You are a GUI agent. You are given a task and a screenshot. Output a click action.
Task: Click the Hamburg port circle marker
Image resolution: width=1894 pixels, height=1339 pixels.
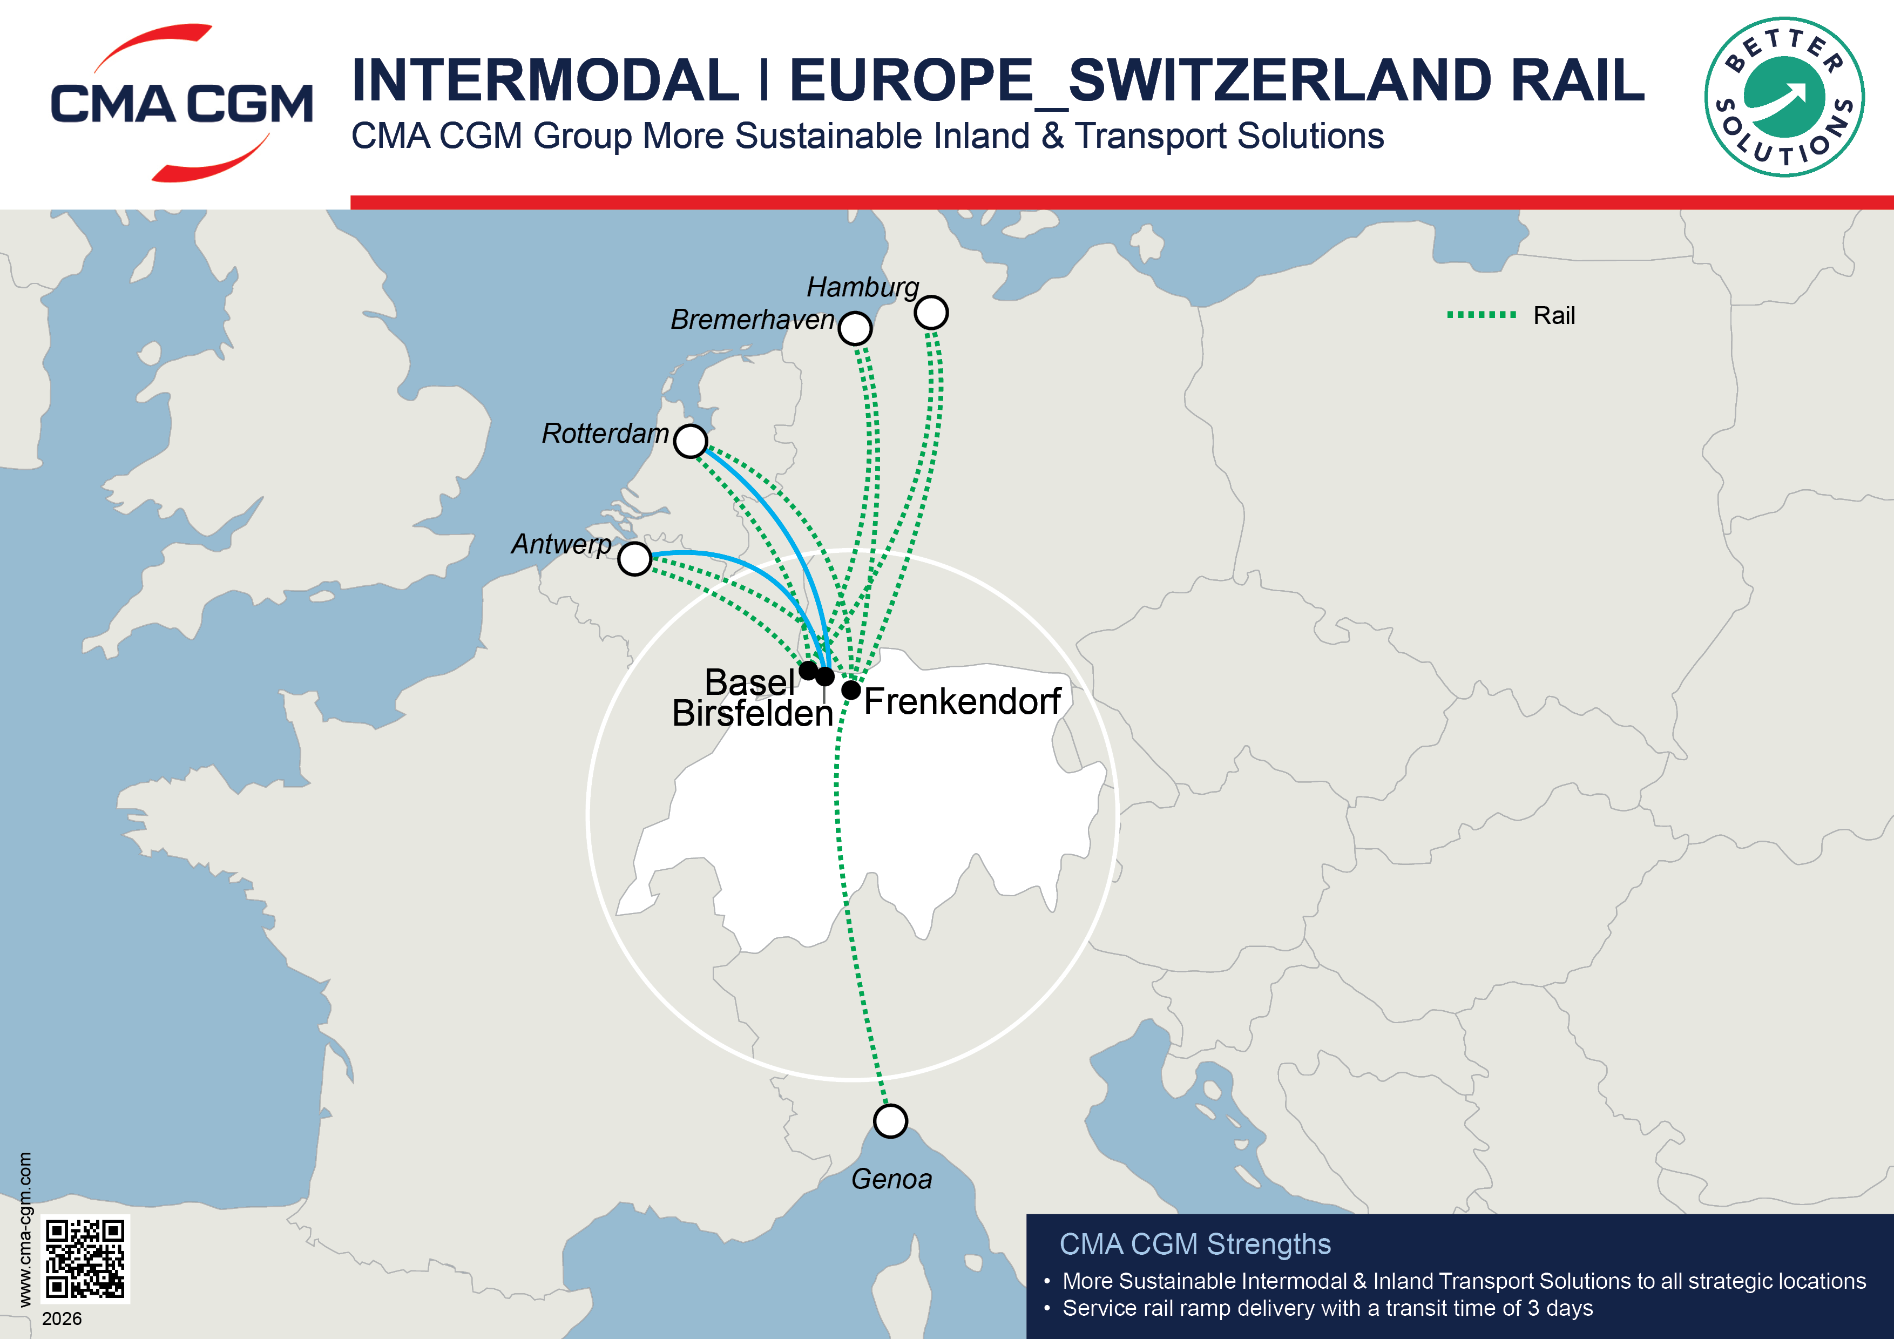pyautogui.click(x=931, y=313)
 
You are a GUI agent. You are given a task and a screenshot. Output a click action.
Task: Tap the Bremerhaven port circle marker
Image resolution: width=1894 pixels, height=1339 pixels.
pyautogui.click(x=855, y=328)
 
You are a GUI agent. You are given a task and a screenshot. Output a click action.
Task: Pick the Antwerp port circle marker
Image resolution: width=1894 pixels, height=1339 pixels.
pyautogui.click(x=634, y=558)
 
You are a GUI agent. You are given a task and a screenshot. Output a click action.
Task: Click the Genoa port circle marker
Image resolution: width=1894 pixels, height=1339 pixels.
pyautogui.click(x=890, y=1121)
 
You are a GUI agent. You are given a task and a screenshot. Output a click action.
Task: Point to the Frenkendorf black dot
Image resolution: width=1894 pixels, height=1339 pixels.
pyautogui.click(x=851, y=689)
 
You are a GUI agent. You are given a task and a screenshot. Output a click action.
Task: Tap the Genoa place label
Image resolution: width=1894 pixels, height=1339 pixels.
pyautogui.click(x=892, y=1179)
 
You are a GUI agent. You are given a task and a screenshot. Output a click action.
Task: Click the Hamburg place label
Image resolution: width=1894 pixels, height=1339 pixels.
pyautogui.click(x=862, y=287)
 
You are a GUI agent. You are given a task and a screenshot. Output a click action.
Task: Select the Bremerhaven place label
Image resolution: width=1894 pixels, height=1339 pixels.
pyautogui.click(x=752, y=319)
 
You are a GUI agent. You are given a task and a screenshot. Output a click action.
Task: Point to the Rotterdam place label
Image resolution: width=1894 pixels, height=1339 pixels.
pyautogui.click(x=605, y=433)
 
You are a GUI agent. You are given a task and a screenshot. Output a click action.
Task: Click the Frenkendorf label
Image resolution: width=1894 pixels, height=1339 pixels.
pyautogui.click(x=962, y=702)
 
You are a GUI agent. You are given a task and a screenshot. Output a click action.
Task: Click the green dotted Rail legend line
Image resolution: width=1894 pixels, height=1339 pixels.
pyautogui.click(x=1482, y=314)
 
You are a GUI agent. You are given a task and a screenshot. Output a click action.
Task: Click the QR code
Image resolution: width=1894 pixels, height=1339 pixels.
pyautogui.click(x=85, y=1258)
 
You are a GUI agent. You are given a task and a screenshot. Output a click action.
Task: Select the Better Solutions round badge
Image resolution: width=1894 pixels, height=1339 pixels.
pyautogui.click(x=1784, y=97)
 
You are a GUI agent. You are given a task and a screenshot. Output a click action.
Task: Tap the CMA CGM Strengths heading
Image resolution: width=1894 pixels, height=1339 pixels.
pyautogui.click(x=1194, y=1244)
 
